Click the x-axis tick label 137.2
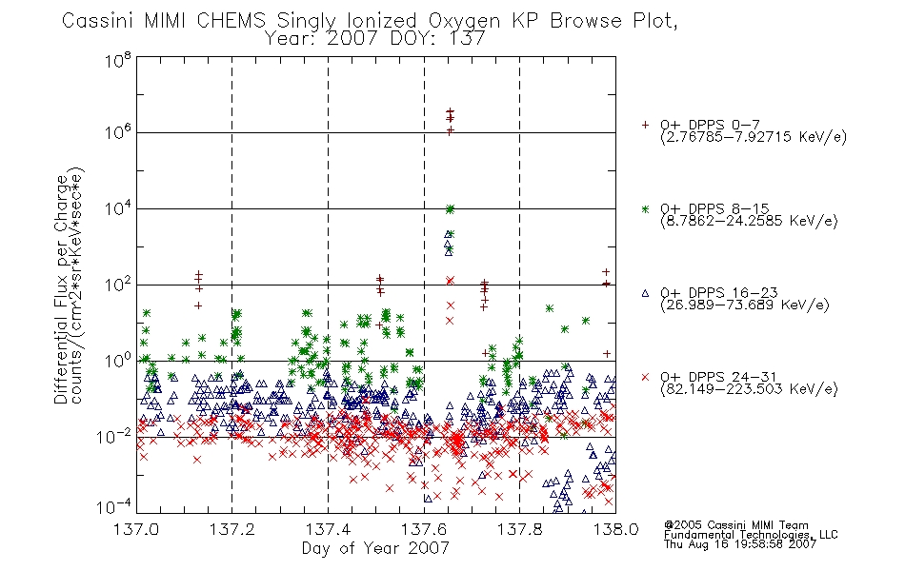232,529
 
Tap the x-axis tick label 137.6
424,529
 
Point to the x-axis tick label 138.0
615,529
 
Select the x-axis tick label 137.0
136,529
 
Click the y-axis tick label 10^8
118,60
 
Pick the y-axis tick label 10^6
118,132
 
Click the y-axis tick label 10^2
118,284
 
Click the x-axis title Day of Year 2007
375,548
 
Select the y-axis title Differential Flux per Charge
61,289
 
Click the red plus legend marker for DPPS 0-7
645,125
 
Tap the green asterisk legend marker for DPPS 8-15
645,208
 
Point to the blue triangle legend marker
645,293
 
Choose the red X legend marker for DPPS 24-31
645,377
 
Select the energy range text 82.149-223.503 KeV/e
749,388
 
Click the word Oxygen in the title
464,21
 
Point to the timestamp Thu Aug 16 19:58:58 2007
740,544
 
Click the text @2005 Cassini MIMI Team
735,525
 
